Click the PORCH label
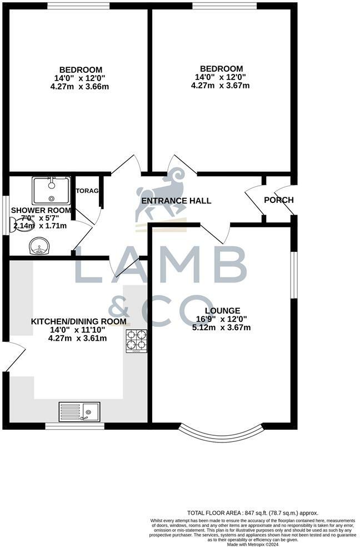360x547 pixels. [278, 201]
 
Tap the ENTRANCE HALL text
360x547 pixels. [176, 201]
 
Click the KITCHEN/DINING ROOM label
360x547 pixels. [78, 322]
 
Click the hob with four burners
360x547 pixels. [137, 341]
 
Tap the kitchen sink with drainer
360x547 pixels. [79, 412]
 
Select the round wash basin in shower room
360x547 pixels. [40, 245]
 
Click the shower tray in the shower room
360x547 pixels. [51, 190]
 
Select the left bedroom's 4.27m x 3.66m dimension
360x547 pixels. [78, 86]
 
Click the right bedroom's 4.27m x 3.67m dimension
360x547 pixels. [220, 86]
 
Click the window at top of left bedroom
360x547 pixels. [78, 6]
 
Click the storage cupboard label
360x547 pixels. [87, 191]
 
